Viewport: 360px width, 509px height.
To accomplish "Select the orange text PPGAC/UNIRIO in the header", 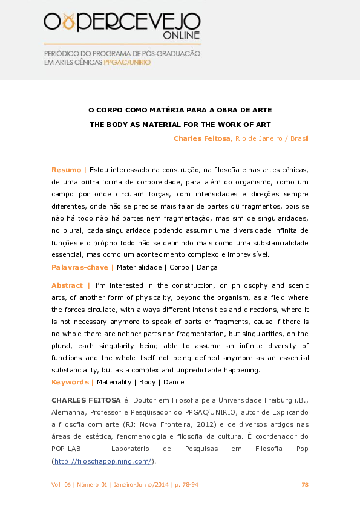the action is click(x=127, y=62).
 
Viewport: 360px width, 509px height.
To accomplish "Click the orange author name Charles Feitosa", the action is click(x=203, y=138).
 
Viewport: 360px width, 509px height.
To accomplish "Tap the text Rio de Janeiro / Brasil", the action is click(x=272, y=138).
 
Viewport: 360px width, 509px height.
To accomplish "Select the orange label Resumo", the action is click(x=67, y=170).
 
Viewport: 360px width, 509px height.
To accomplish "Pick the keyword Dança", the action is click(x=206, y=267).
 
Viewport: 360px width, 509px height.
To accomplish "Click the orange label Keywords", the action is click(x=70, y=382).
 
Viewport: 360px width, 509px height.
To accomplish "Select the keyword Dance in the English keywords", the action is click(x=174, y=382).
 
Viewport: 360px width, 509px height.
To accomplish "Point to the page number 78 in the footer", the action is click(x=305, y=485).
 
